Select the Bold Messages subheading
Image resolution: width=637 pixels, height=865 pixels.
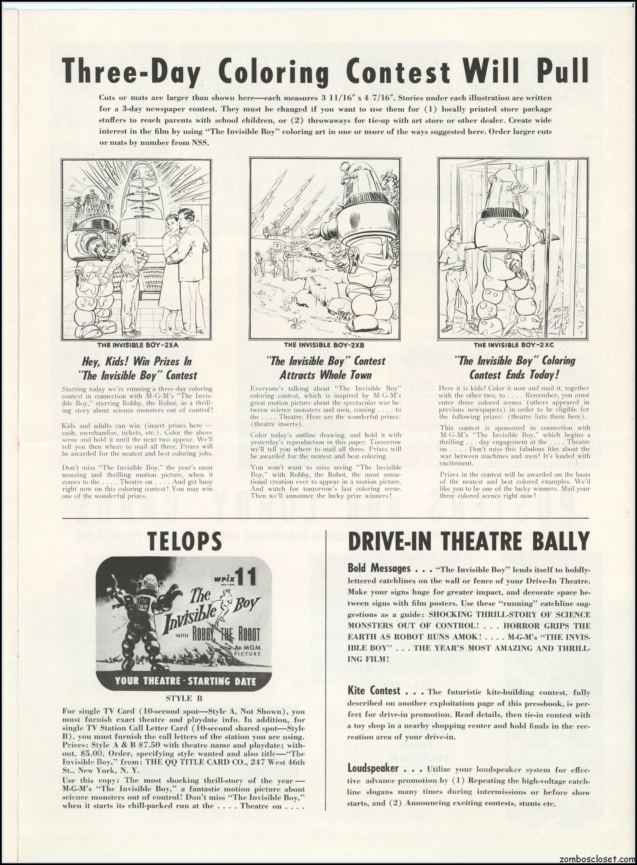coord(379,568)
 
